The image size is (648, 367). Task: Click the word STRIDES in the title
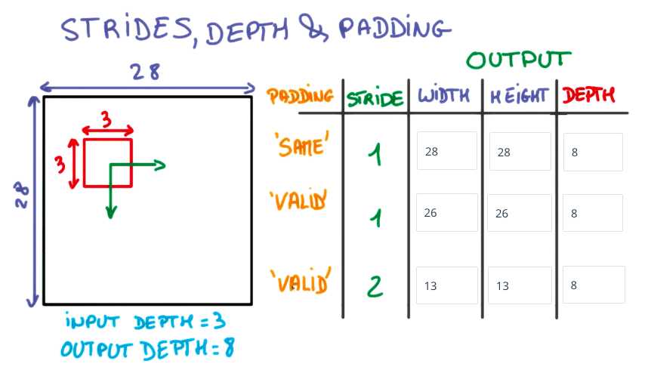point(125,29)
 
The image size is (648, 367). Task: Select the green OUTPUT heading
point(519,60)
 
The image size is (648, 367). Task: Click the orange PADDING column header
point(301,95)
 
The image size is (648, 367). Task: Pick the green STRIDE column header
point(375,98)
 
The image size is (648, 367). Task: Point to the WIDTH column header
point(443,95)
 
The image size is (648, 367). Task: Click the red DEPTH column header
point(588,95)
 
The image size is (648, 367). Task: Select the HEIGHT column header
point(519,97)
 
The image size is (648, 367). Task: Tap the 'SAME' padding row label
point(303,144)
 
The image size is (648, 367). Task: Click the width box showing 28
point(447,151)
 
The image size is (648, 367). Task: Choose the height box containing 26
point(519,213)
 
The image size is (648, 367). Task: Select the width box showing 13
point(447,285)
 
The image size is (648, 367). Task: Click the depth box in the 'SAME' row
point(593,152)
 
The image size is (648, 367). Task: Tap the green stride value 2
point(375,286)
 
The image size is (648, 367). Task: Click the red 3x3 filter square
point(84,163)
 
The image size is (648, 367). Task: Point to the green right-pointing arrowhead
point(160,165)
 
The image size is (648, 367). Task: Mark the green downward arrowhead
point(110,211)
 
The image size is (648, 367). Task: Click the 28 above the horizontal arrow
point(146,72)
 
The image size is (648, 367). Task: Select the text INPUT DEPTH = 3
point(146,322)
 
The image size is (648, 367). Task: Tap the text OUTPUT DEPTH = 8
point(147,348)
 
